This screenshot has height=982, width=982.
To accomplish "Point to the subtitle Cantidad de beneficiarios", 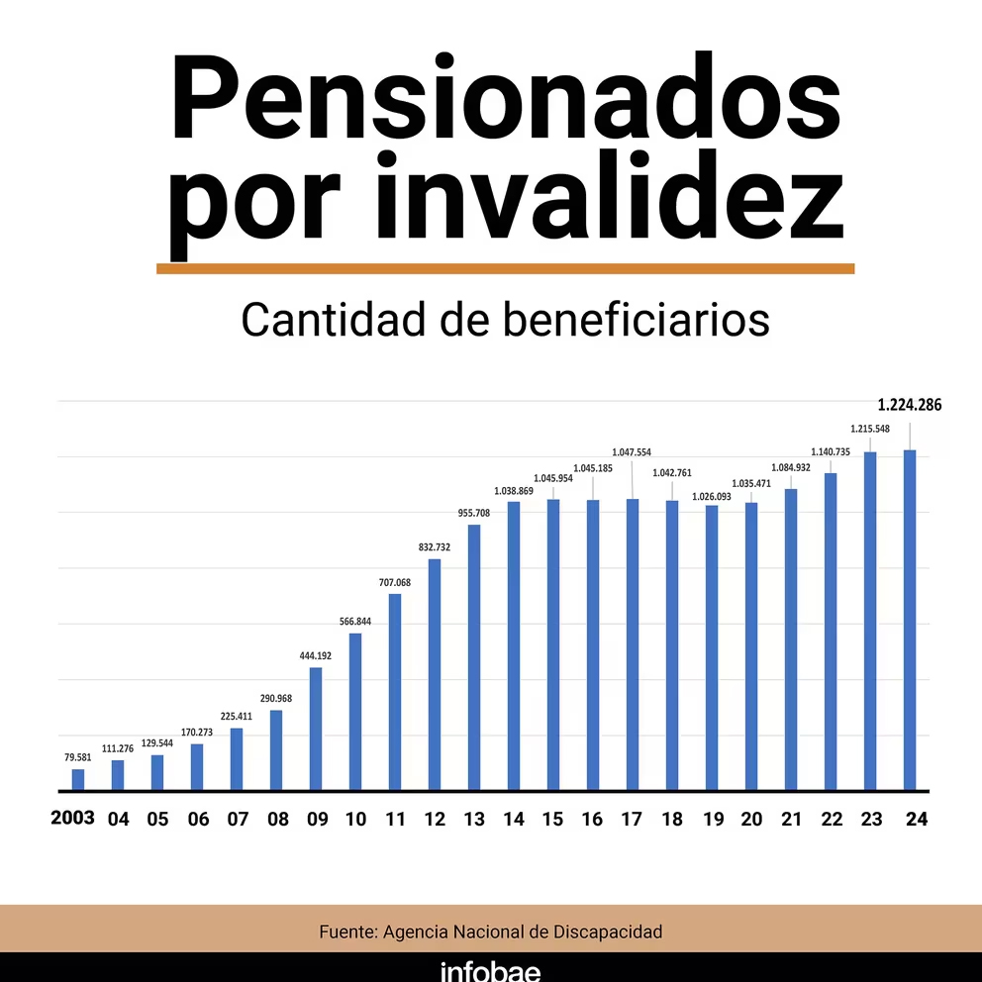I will (505, 320).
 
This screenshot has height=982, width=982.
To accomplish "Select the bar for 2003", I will (78, 780).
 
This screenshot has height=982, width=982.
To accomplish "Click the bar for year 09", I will (316, 729).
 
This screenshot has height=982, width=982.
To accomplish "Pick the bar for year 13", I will (474, 657).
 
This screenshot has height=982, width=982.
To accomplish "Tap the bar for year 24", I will (910, 621).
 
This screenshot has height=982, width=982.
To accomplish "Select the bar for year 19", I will (712, 648).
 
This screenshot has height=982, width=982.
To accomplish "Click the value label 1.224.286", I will (910, 404).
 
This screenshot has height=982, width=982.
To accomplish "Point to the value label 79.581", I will (77, 758).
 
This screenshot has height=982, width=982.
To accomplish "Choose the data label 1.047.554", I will (632, 452).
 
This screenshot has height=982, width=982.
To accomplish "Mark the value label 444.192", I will (315, 656).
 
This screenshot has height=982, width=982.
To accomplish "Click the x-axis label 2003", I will (73, 818).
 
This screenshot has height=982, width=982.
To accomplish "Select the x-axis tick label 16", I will (593, 820).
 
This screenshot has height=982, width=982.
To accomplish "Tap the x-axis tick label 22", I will (831, 820).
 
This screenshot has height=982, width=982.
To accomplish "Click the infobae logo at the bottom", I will (491, 970).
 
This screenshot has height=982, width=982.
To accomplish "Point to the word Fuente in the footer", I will (345, 932).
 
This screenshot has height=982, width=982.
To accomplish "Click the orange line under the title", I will (505, 268).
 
